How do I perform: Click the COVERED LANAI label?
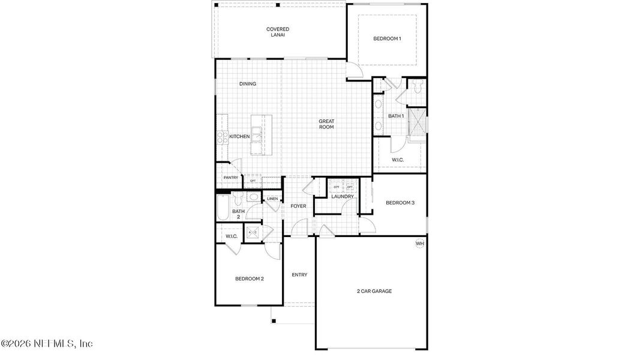click(278, 32)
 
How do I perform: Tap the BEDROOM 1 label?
click(387, 39)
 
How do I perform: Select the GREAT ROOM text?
click(326, 124)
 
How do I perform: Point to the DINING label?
click(248, 84)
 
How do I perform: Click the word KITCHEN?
click(239, 137)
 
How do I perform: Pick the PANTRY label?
click(230, 178)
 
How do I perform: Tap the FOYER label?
click(298, 206)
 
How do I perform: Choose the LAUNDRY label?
click(342, 197)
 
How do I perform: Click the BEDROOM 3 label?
click(400, 203)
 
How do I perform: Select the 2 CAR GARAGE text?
click(374, 291)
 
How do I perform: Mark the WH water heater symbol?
click(420, 244)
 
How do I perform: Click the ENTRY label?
click(299, 275)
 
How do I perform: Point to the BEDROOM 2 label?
click(250, 278)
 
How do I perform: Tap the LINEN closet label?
click(272, 199)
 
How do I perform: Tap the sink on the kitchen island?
click(257, 134)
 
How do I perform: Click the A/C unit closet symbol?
click(253, 232)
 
